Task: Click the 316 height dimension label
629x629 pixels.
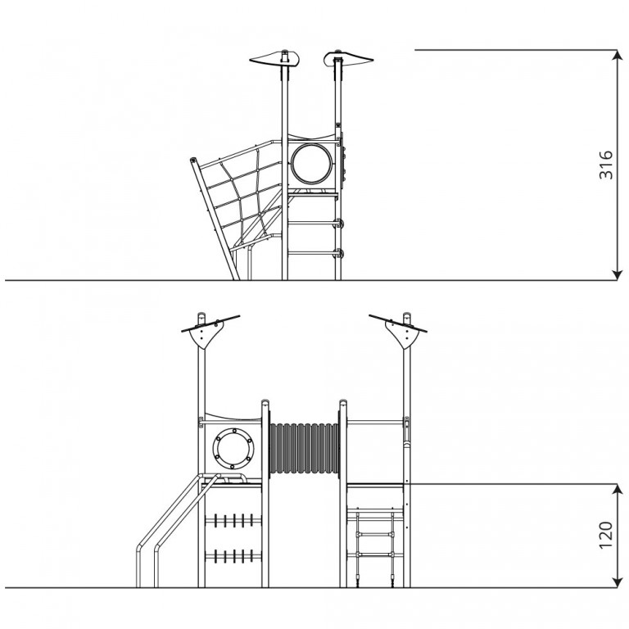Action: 606,165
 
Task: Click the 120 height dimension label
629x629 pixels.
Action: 606,535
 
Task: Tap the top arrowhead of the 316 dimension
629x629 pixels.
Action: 617,55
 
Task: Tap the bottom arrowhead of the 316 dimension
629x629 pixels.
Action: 617,274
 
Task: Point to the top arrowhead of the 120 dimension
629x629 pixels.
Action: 617,490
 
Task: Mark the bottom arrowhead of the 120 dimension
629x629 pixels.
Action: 617,582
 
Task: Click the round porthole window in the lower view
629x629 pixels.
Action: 233,449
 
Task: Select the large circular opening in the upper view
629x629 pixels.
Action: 312,164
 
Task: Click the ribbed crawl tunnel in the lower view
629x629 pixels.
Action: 305,448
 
